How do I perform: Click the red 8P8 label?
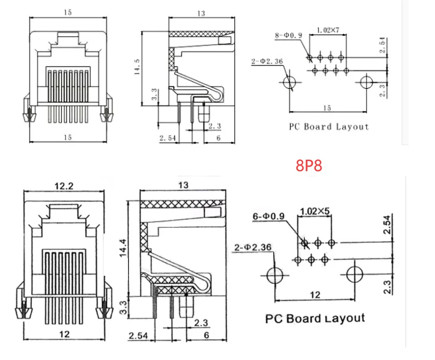(x=309, y=165)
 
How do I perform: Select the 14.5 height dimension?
(x=137, y=67)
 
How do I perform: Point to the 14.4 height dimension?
(x=123, y=248)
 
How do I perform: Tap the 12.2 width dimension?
(x=64, y=186)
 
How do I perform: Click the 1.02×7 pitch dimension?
(x=328, y=30)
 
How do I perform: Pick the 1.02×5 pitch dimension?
(x=315, y=211)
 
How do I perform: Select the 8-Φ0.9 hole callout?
(x=288, y=35)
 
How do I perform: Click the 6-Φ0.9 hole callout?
(x=268, y=216)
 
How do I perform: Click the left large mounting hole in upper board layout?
(x=290, y=82)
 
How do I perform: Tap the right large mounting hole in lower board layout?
(x=355, y=275)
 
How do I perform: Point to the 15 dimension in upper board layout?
(x=327, y=108)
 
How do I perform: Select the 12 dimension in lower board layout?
(x=315, y=295)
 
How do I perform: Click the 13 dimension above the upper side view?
(x=201, y=14)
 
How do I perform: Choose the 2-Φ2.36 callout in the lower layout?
(x=253, y=247)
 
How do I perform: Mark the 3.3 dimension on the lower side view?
(x=123, y=307)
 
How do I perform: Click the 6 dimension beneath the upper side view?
(x=219, y=138)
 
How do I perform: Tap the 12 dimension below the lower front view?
(x=65, y=334)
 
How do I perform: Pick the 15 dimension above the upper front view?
(x=68, y=12)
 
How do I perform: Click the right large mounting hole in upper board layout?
(x=366, y=82)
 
